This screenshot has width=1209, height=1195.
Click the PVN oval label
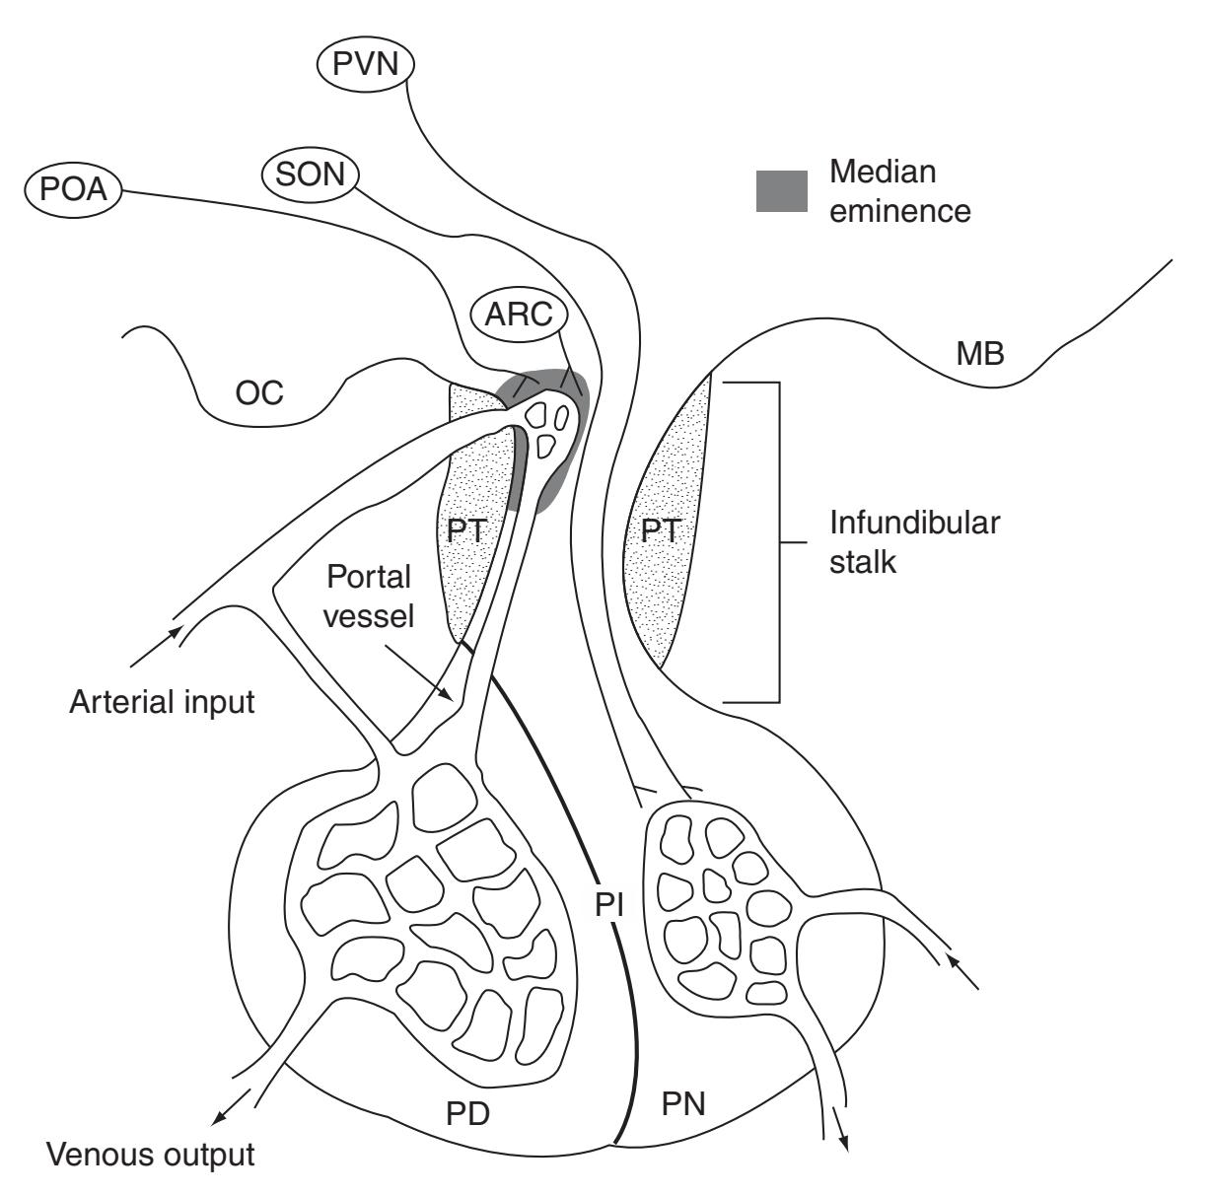(366, 66)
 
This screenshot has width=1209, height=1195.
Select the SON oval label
(310, 175)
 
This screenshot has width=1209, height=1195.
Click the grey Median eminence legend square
(781, 191)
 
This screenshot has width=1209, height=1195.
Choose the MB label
(980, 354)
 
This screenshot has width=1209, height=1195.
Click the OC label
(258, 393)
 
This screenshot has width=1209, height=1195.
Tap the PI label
(611, 904)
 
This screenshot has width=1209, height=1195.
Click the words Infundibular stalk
(913, 542)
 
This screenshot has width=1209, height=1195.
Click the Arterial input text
(163, 702)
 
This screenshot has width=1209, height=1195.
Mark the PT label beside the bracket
(661, 530)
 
